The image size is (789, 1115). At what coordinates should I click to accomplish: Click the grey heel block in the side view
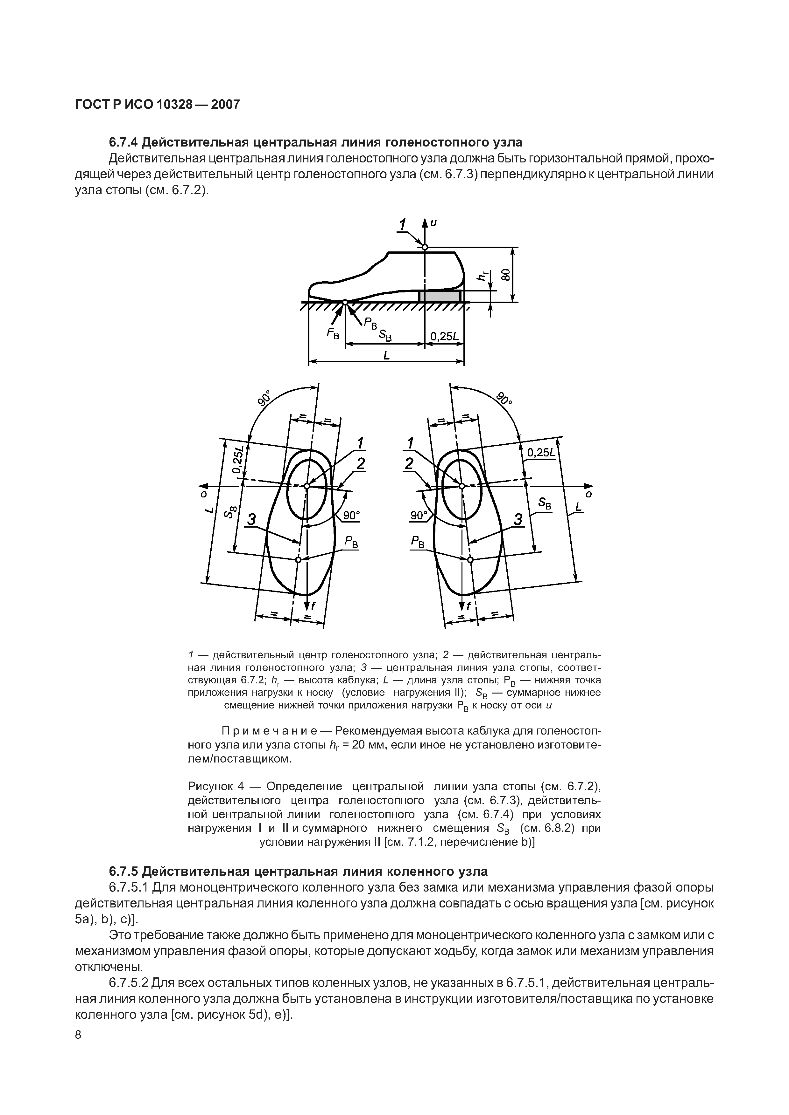click(x=440, y=296)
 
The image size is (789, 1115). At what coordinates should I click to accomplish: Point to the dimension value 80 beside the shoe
click(x=506, y=275)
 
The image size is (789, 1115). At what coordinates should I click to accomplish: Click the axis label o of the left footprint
click(x=204, y=494)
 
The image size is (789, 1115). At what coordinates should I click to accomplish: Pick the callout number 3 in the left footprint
click(x=251, y=520)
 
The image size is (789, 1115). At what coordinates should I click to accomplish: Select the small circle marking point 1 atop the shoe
click(x=425, y=248)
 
